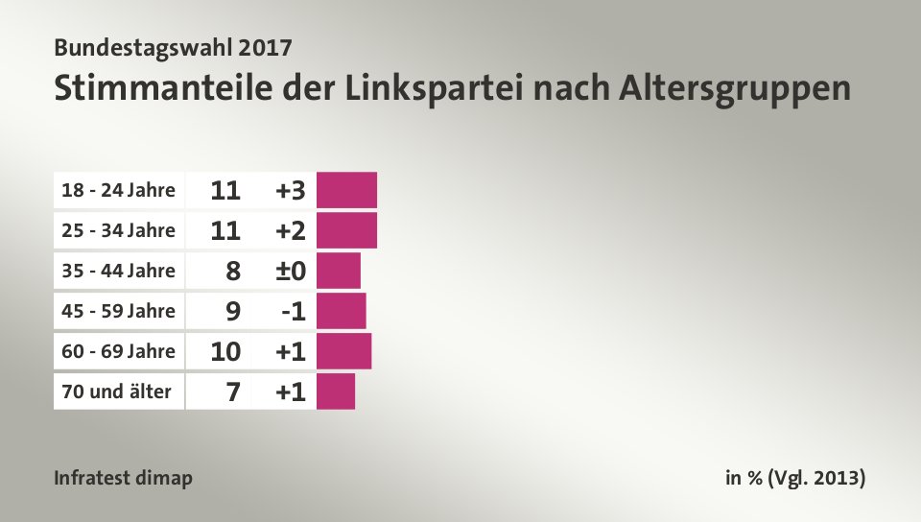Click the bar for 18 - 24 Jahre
[346, 190]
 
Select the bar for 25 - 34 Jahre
[346, 230]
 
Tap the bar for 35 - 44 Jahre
[338, 271]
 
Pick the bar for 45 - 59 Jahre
[341, 311]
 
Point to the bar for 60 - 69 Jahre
[343, 351]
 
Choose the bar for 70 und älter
[335, 391]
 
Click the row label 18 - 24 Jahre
[119, 190]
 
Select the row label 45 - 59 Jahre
[119, 311]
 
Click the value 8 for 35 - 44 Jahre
[233, 272]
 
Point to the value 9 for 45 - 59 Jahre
[233, 312]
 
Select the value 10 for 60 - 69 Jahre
[225, 352]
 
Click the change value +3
[290, 191]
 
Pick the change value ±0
[290, 272]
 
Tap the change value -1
[293, 312]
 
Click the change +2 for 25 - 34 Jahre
[290, 231]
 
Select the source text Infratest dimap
[124, 478]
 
